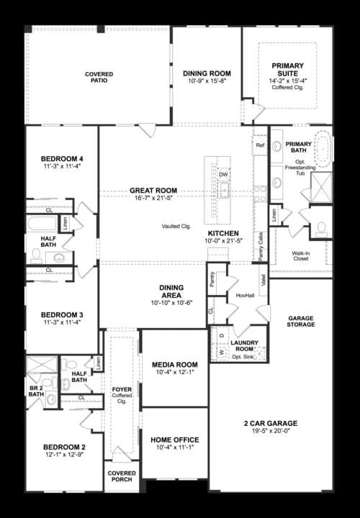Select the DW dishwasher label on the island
pyautogui.click(x=223, y=175)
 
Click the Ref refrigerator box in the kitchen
pyautogui.click(x=261, y=145)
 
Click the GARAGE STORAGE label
pyautogui.click(x=301, y=321)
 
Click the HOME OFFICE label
pyautogui.click(x=175, y=440)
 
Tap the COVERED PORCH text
pyautogui.click(x=122, y=478)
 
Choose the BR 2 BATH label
pyautogui.click(x=35, y=390)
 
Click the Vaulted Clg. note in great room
pyautogui.click(x=176, y=227)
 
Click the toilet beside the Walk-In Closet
pyautogui.click(x=321, y=229)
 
